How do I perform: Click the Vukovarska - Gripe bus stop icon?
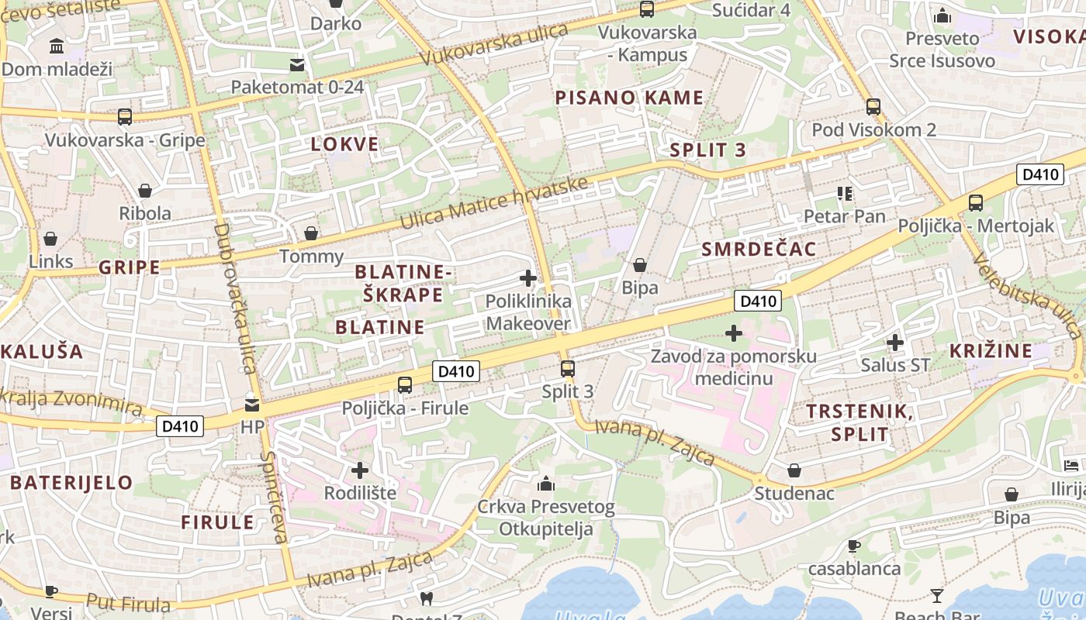125,117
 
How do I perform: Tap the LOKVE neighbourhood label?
344,144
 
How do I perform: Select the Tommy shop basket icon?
311,233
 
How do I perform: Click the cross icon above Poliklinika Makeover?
528,278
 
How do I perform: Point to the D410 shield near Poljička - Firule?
455,371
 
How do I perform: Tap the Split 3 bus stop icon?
568,368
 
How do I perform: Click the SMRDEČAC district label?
759,249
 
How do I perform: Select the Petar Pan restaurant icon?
845,193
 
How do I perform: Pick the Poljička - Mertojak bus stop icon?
976,203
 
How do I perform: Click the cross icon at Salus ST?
895,342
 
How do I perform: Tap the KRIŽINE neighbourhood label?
991,350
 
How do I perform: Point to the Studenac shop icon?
794,470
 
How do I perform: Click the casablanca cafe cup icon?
854,546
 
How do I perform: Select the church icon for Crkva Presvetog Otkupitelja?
546,484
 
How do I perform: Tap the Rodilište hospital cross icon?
360,470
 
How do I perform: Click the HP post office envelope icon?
252,405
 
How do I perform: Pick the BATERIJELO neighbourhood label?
71,482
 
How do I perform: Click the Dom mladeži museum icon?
57,46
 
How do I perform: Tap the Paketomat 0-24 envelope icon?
297,64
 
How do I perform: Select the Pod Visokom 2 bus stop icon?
873,107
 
